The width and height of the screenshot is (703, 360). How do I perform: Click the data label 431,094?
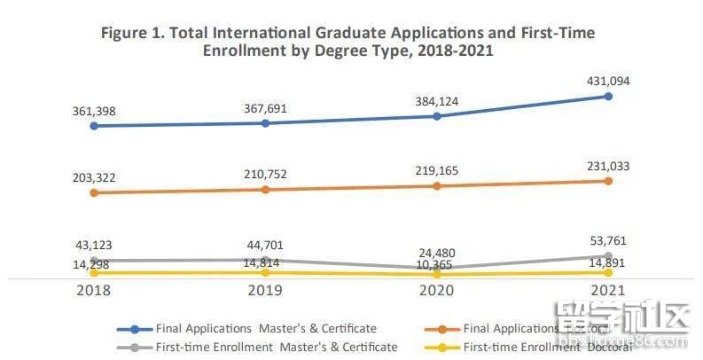click(607, 81)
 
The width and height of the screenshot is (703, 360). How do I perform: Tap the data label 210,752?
click(265, 175)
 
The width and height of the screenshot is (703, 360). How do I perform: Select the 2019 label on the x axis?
click(265, 291)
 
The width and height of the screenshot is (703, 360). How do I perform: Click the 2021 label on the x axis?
click(607, 291)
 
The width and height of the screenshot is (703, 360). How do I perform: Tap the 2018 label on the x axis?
click(94, 291)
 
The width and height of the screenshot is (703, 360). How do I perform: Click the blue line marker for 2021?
click(607, 97)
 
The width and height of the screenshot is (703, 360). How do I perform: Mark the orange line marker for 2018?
click(94, 192)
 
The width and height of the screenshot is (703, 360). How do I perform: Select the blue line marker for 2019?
click(265, 123)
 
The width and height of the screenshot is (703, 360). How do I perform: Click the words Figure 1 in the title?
click(134, 33)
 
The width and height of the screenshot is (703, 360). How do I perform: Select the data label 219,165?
click(437, 169)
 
